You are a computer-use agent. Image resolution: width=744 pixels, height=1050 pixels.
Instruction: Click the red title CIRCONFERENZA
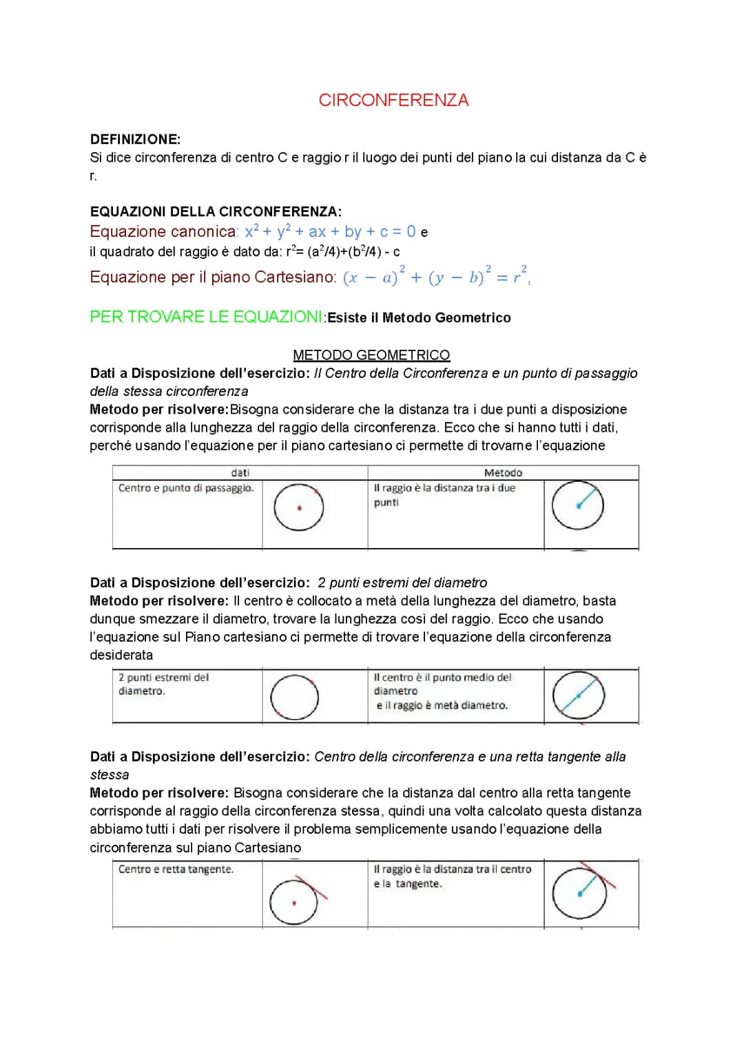point(393,101)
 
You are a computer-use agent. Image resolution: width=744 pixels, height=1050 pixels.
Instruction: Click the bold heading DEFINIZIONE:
point(135,139)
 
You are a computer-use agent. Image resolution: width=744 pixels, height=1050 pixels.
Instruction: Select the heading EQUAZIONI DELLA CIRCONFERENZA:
point(216,212)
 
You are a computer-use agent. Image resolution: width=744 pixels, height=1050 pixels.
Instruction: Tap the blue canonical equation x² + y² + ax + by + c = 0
point(330,232)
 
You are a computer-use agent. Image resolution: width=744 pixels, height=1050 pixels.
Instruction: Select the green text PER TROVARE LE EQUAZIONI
point(206,317)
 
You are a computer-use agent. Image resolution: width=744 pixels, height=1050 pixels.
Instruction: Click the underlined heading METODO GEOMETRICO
point(371,355)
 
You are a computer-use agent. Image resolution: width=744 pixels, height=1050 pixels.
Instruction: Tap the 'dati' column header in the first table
point(240,473)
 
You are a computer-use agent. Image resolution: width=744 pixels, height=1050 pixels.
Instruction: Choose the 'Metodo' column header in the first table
point(503,473)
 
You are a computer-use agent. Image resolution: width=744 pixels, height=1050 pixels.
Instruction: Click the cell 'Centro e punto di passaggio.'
point(186,488)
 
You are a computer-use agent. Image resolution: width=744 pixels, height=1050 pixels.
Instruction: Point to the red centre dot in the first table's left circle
point(299,508)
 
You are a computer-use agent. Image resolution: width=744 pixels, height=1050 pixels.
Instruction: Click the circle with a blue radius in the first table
point(578,505)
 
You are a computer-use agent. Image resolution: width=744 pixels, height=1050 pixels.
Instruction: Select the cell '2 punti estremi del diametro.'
point(163,684)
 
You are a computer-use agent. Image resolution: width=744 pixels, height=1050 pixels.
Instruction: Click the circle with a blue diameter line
point(579,695)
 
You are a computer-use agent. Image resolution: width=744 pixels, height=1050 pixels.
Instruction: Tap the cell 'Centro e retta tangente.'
point(176,870)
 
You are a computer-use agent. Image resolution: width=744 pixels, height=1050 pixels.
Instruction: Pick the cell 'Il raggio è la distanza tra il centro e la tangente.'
point(453,876)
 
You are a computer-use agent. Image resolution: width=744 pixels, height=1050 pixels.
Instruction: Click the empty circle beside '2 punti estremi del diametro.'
point(295,697)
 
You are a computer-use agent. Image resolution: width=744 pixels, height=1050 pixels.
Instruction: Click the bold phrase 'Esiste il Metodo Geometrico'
point(419,318)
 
